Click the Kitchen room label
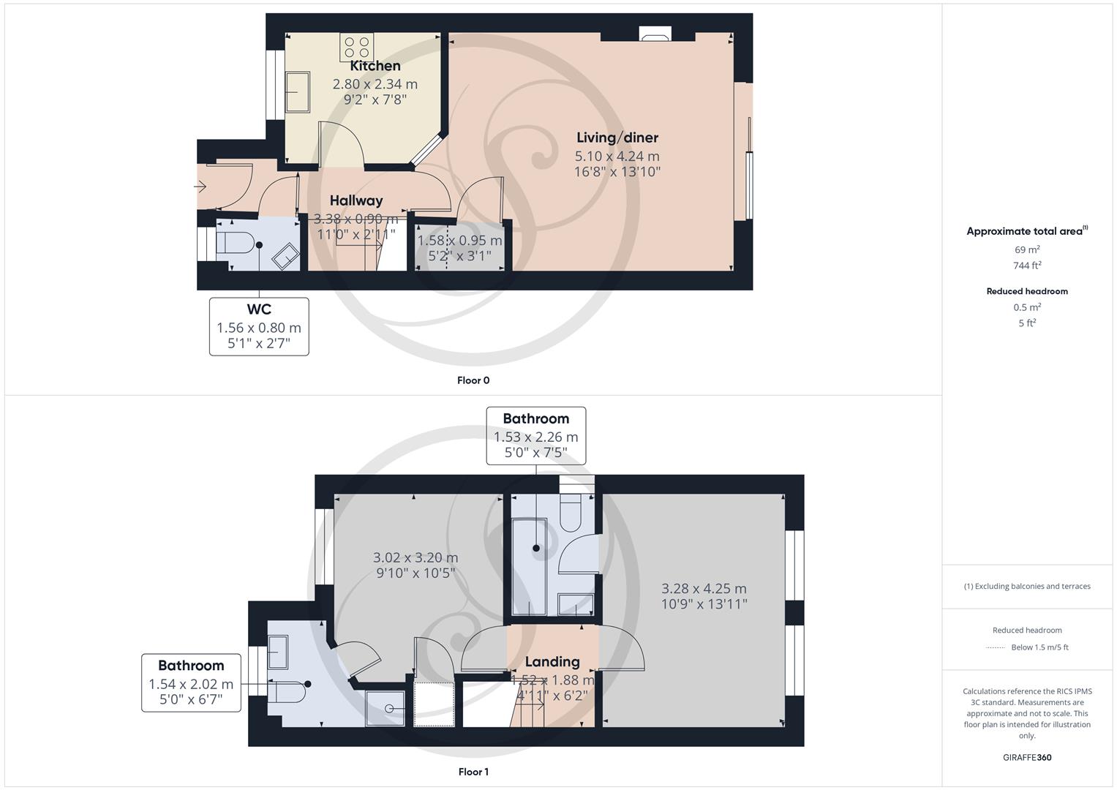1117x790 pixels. tap(375, 66)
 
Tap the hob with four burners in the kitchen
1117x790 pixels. tap(356, 48)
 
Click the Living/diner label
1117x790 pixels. tap(617, 138)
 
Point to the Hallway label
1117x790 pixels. tap(356, 200)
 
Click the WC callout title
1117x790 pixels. tap(259, 309)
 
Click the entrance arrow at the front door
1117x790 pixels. tap(200, 187)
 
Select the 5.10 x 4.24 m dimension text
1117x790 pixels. tap(617, 156)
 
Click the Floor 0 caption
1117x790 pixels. tap(473, 380)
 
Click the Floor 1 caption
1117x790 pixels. tap(473, 772)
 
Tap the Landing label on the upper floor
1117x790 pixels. tap(552, 661)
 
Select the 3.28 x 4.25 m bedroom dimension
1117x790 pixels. tap(704, 589)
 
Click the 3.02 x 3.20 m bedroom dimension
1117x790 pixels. tap(415, 557)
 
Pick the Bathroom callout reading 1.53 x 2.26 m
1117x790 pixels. tap(535, 436)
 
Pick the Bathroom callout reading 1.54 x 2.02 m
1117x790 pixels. tap(191, 683)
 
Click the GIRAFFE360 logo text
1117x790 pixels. tap(1027, 757)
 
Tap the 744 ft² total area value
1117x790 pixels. tap(1027, 266)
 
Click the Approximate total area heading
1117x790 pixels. tap(1026, 231)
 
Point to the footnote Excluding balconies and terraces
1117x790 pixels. tap(1027, 586)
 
